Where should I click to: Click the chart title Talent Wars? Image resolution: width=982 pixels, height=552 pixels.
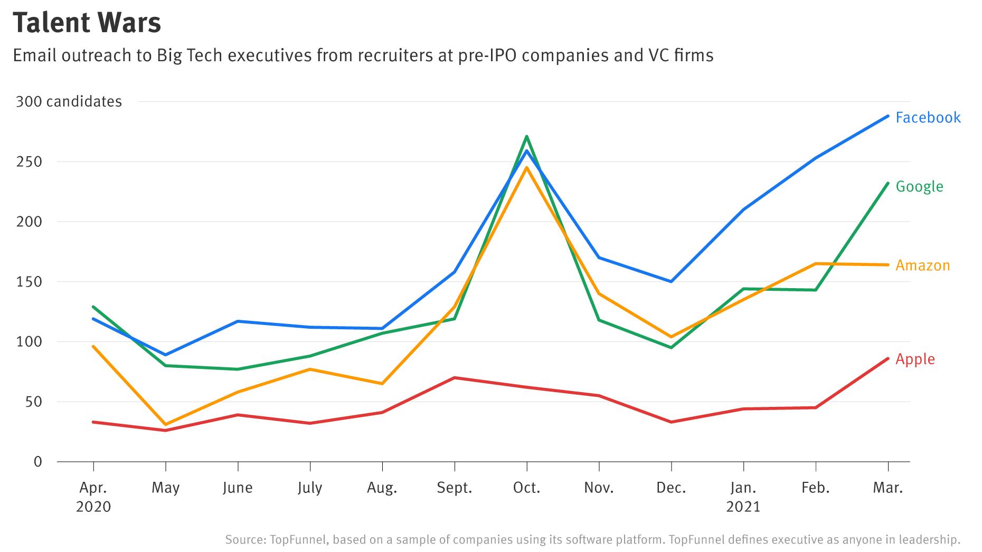[87, 23]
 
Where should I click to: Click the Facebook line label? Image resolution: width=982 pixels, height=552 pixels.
[928, 117]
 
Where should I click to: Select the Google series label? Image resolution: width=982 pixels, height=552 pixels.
[919, 186]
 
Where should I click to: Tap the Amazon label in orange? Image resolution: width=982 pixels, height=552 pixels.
[922, 265]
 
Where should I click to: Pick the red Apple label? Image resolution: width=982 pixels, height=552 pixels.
[915, 359]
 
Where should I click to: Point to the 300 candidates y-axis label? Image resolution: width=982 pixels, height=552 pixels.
[69, 101]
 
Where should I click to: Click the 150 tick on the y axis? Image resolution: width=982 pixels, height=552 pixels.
[29, 282]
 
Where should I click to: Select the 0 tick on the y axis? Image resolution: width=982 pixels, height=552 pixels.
[37, 462]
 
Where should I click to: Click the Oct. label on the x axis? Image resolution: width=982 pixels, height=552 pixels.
[526, 488]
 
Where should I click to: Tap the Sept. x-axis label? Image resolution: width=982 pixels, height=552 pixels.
[454, 488]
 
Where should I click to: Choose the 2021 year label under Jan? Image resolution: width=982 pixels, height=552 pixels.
[743, 507]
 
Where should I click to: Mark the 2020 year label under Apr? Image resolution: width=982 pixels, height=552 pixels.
[93, 507]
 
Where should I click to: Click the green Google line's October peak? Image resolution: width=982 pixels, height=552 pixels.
[527, 137]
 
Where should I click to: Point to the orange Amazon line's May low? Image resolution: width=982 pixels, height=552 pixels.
[166, 424]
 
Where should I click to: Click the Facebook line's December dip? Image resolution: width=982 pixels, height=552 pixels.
[671, 281]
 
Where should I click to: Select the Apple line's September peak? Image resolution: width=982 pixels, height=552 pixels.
[455, 378]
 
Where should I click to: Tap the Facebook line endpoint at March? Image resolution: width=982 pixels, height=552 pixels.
[888, 116]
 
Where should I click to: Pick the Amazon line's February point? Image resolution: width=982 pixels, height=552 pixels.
[816, 264]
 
